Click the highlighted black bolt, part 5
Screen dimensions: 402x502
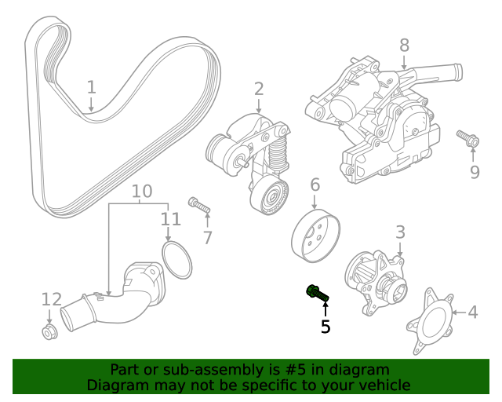pos(317,293)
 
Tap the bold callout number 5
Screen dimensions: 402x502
pos(326,326)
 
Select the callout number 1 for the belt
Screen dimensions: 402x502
pos(92,86)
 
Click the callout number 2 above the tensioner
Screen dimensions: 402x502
pos(259,90)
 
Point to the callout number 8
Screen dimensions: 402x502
pos(404,46)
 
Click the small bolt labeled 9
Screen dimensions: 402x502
pos(468,139)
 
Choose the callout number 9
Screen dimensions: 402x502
pos(475,171)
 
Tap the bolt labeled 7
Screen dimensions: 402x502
pos(198,206)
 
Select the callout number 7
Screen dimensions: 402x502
pos(208,237)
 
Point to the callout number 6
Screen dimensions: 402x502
pos(315,185)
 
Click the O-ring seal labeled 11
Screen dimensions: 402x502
pos(177,261)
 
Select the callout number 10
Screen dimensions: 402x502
pos(141,191)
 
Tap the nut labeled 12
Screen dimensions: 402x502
pos(49,333)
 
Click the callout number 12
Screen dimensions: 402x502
pos(51,299)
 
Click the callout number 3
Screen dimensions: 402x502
pos(400,232)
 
